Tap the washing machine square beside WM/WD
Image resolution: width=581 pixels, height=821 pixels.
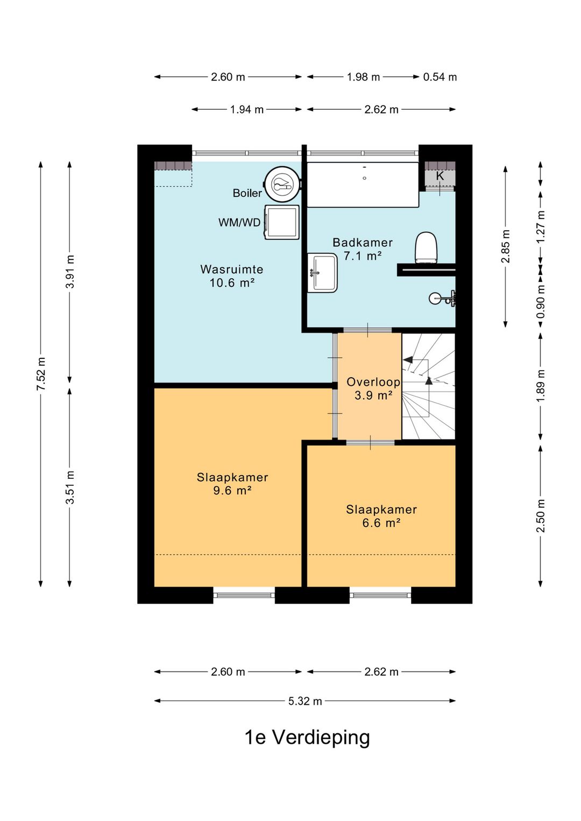coord(281,222)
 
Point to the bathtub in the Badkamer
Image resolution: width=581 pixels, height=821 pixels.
coord(363,185)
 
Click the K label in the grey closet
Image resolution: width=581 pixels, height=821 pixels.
coord(440,176)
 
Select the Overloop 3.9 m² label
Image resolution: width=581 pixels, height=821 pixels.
coord(373,388)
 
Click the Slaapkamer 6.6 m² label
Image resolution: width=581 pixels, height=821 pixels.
coord(381,516)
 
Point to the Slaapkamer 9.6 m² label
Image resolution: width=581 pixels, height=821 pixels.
coord(232,484)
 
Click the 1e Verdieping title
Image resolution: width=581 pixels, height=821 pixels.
coord(307,738)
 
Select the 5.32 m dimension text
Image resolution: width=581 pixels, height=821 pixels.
coord(305,701)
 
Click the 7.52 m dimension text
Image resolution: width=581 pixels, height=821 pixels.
coord(41,373)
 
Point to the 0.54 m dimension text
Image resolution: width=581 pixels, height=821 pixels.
coord(440,77)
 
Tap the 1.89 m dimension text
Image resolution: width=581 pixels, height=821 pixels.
coord(541,386)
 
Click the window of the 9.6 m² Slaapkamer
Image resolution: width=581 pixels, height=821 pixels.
coord(244,595)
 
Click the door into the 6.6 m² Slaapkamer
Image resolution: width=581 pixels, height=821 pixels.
coord(370,442)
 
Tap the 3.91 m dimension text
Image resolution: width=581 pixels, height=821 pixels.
coord(69,272)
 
